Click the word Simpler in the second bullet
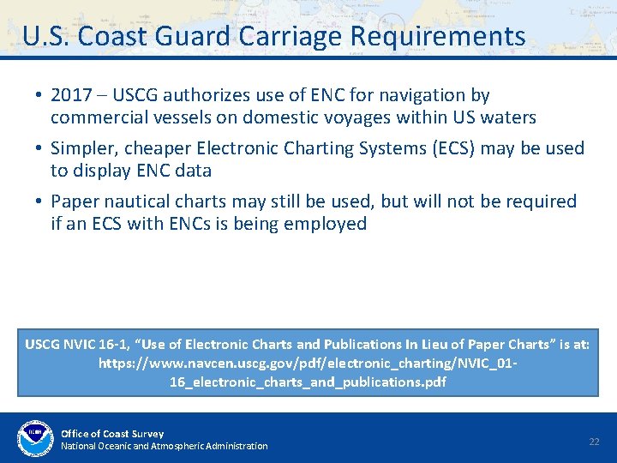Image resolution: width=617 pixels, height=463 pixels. [x=83, y=148]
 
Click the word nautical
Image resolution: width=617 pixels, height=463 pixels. [x=137, y=201]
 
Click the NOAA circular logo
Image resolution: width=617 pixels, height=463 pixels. [x=34, y=438]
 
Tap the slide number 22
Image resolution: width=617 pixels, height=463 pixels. [x=594, y=441]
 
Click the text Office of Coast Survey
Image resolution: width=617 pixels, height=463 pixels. [x=112, y=434]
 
